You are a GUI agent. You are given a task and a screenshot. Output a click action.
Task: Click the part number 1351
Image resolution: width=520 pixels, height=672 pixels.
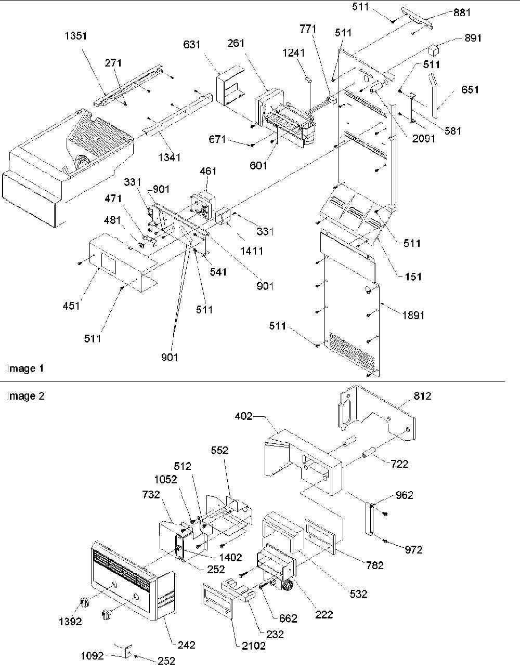click(x=76, y=36)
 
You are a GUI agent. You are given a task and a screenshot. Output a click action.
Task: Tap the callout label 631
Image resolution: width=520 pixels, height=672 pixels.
click(x=192, y=45)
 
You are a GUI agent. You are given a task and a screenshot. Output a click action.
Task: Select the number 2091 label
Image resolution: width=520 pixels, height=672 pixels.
click(x=424, y=139)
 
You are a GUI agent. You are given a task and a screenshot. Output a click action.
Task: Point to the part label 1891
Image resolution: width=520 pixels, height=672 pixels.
click(x=413, y=315)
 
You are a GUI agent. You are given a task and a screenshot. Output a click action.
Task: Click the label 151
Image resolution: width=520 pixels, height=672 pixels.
click(x=413, y=276)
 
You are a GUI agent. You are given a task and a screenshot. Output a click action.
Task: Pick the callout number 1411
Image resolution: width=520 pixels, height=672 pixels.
click(x=252, y=251)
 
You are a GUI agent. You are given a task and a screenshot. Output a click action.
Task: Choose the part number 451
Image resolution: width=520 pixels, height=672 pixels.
click(x=71, y=306)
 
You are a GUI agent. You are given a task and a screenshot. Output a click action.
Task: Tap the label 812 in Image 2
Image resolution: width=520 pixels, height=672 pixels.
click(x=423, y=396)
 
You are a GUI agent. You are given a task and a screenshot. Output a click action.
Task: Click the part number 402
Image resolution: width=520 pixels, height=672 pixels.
click(x=243, y=416)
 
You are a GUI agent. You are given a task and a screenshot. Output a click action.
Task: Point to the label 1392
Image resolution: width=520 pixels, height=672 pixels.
click(x=71, y=622)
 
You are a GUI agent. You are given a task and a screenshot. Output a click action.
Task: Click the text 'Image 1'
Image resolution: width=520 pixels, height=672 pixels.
click(x=25, y=368)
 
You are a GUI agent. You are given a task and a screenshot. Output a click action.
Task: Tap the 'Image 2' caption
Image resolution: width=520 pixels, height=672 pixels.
click(x=26, y=396)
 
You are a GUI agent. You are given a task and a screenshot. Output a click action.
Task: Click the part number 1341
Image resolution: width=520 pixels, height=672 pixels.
click(x=169, y=157)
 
